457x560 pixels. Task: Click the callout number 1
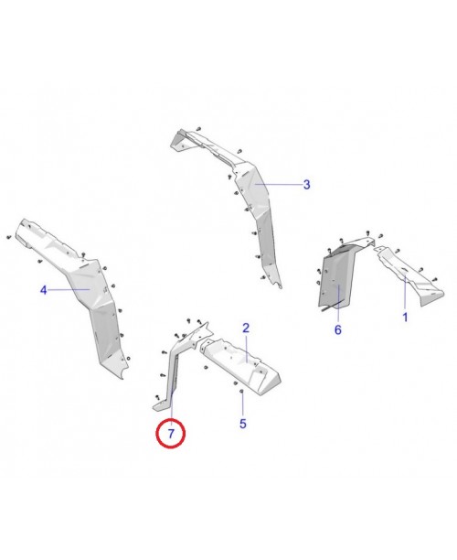point(405,318)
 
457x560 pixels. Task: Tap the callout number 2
point(246,328)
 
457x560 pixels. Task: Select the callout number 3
point(307,185)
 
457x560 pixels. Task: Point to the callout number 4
point(43,290)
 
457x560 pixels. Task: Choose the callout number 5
point(243,424)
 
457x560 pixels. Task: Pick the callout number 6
point(338,329)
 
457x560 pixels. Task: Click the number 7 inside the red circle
point(171,434)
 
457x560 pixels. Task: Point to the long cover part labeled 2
point(241,364)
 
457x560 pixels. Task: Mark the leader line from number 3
point(279,185)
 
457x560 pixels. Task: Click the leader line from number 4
point(69,290)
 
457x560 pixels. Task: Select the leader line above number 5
point(242,405)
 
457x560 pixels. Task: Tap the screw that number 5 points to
point(242,392)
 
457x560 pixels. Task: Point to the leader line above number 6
point(338,304)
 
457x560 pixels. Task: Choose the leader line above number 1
point(405,294)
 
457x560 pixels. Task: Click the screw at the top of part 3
point(198,129)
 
